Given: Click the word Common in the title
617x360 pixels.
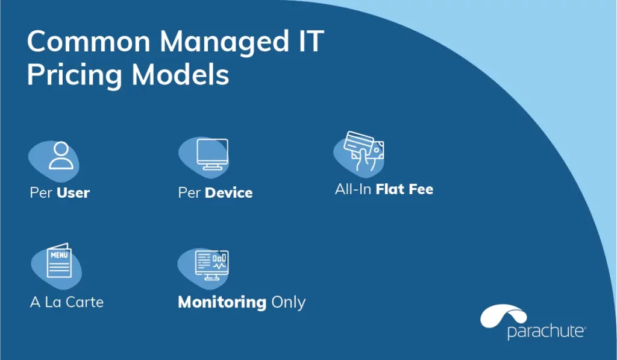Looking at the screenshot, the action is pos(89,42).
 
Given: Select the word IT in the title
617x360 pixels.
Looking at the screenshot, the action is pos(312,41).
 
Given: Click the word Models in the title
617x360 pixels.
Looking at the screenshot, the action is pos(180,74).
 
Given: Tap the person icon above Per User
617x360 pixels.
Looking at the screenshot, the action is pos(61,155).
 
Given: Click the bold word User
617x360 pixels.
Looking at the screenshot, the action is pos(73,192).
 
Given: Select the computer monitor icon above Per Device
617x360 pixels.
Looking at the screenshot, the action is pos(213,154).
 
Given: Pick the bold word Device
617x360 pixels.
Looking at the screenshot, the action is pos(228,192).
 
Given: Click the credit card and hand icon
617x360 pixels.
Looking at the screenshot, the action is pos(363,151).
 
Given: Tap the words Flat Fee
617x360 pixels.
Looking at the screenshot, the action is pos(404,189).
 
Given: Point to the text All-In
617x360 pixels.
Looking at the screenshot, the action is pos(353,189).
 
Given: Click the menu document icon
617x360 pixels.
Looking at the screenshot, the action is pos(59,261).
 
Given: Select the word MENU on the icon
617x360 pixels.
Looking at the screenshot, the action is pos(59,255).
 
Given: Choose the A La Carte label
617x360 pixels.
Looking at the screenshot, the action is pos(67,302).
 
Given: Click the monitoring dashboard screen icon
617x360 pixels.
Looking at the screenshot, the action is pos(211,265).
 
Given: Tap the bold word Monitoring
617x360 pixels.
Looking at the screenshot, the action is pos(222,303).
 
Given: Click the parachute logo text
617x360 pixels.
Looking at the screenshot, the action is pos(547,331).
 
